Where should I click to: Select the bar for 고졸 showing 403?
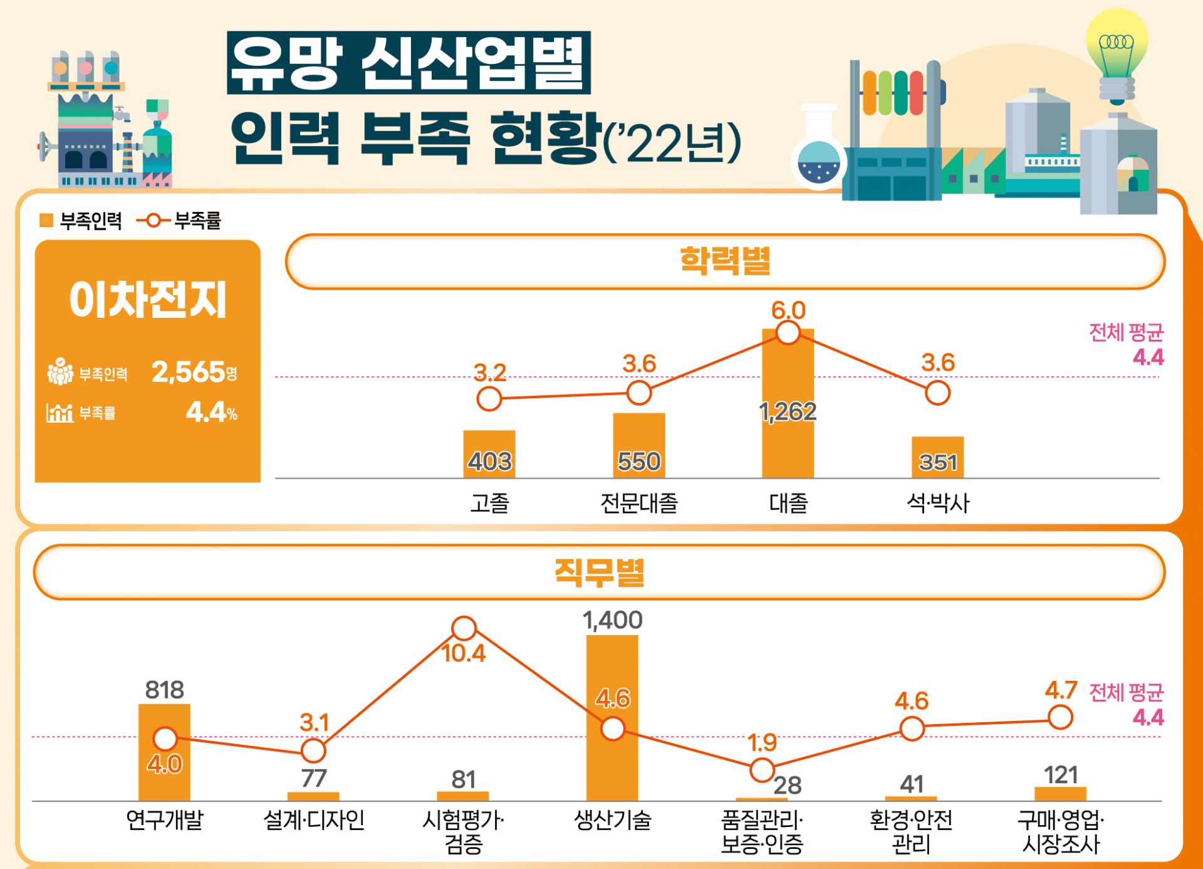[489, 454]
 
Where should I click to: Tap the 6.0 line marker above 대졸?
[788, 332]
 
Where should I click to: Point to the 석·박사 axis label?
[937, 503]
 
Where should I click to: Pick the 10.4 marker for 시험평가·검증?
[464, 628]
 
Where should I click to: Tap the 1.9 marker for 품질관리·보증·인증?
[762, 769]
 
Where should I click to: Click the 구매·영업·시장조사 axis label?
[1060, 831]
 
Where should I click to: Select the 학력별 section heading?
[725, 261]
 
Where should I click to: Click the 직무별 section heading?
[599, 572]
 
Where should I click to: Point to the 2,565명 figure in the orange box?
[194, 372]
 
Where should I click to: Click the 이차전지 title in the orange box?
[147, 300]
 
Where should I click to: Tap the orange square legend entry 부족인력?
[80, 221]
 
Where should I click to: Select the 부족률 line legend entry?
[179, 221]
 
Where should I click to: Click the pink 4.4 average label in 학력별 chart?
[1148, 357]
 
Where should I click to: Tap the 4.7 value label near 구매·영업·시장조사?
[1060, 690]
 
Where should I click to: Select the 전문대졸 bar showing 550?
[638, 445]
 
